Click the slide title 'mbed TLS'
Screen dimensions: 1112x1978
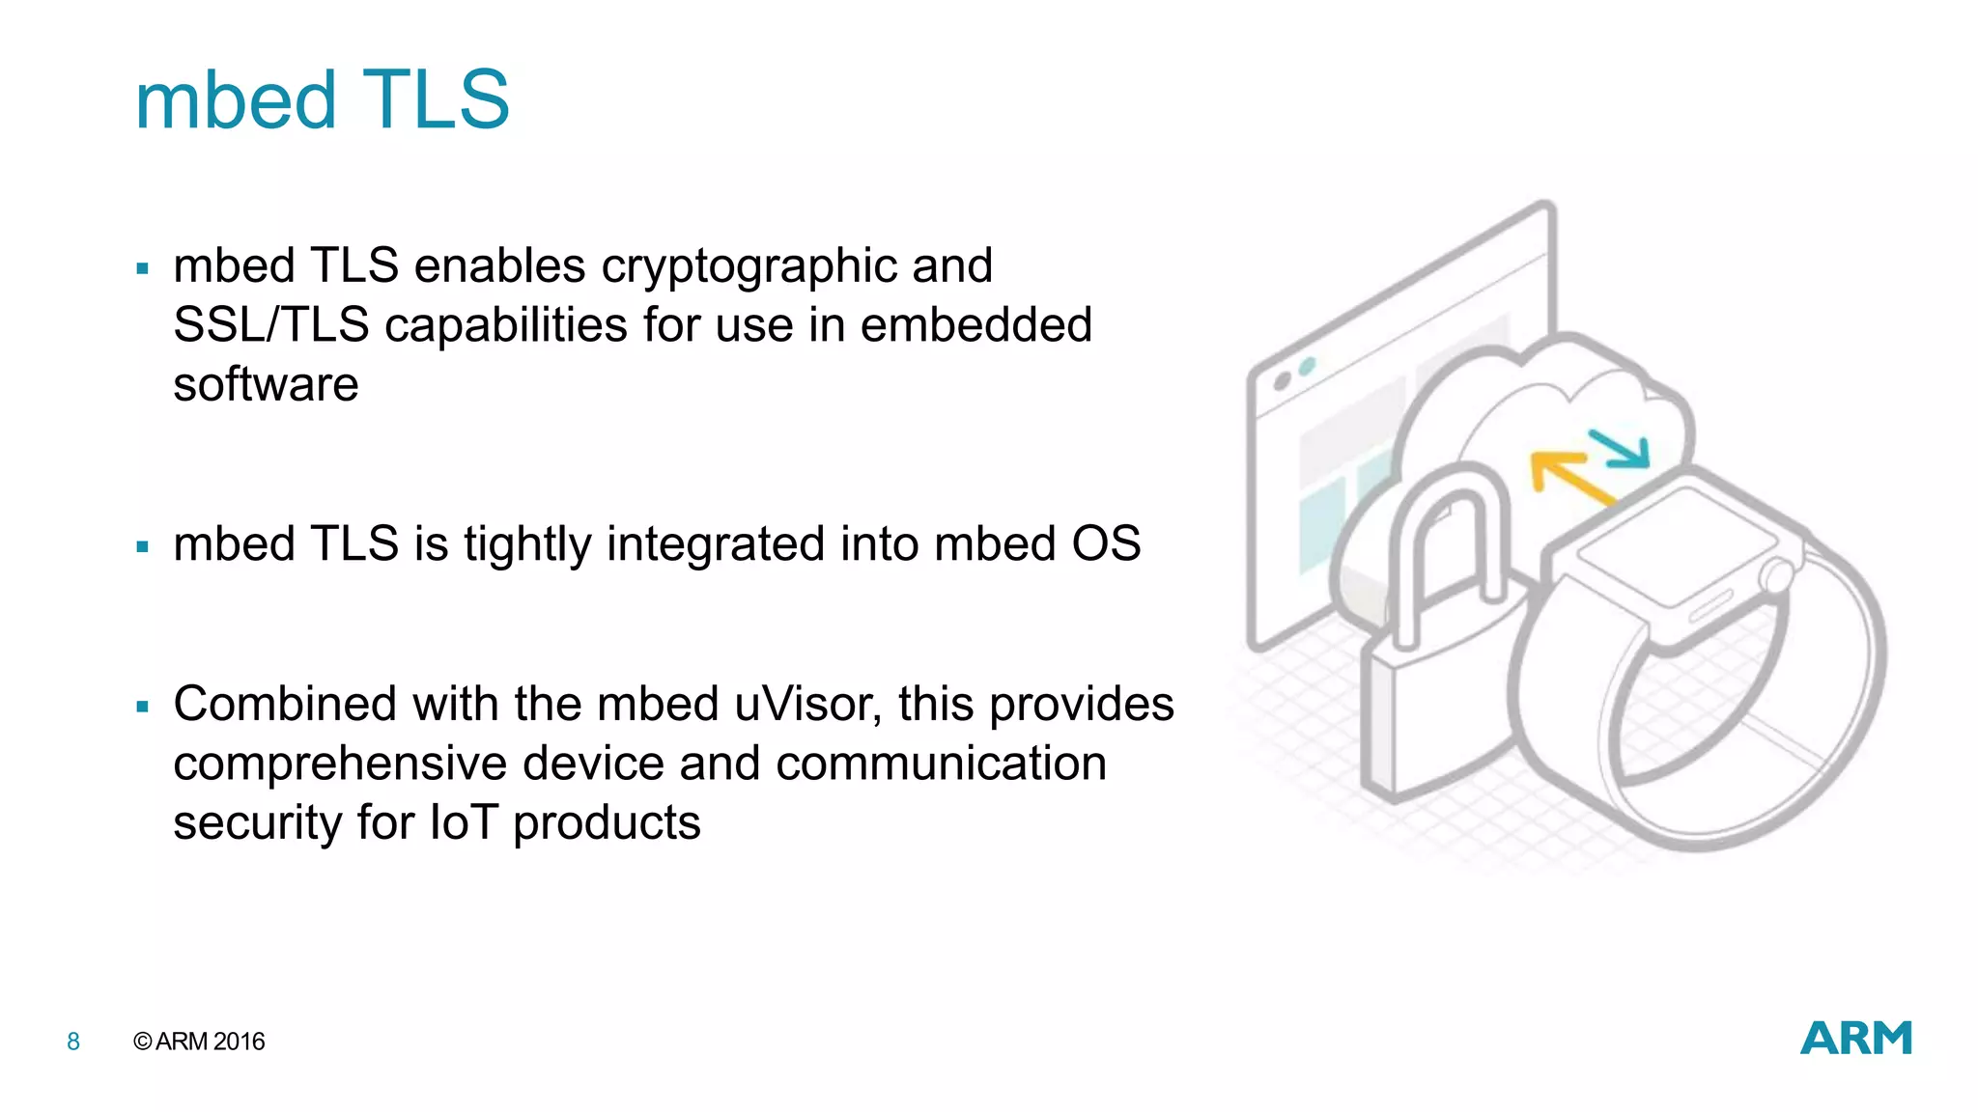click(322, 100)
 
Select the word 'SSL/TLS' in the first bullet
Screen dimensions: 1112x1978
click(270, 325)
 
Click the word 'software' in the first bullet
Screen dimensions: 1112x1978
click(266, 385)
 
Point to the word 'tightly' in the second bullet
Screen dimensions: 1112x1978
click(526, 544)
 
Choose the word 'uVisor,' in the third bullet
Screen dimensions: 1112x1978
click(807, 704)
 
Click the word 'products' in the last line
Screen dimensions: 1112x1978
click(607, 823)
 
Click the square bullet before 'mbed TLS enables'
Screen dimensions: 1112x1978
click(143, 269)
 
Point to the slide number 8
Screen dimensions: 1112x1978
click(73, 1042)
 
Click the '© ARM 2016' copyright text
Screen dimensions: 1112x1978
click(199, 1042)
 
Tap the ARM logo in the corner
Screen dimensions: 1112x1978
click(1855, 1039)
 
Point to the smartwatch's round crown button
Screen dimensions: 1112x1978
click(1775, 577)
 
